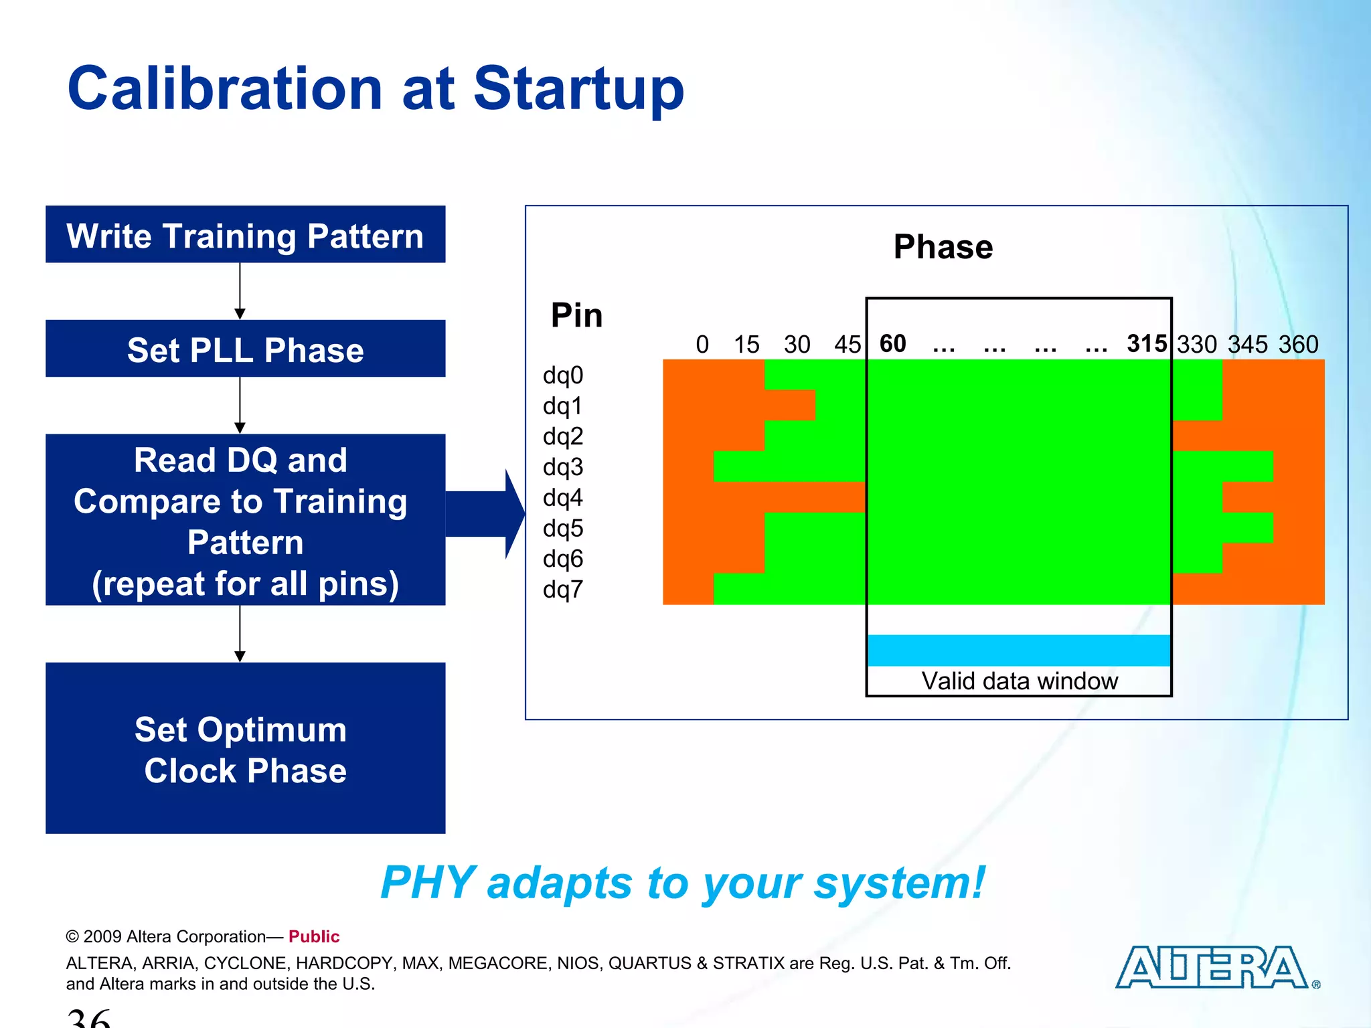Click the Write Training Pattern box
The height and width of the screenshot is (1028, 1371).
pos(245,235)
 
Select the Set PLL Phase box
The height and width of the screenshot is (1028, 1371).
pos(245,349)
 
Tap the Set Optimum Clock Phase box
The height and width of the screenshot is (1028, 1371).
pos(245,748)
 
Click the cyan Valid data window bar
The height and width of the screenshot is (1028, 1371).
pos(1018,650)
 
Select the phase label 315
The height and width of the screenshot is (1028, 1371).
pos(1146,343)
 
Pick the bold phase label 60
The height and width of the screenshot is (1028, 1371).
pos(892,343)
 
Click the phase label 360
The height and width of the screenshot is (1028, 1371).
pos(1298,344)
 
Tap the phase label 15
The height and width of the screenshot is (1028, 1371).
pos(746,344)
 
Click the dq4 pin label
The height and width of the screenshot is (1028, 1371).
pos(563,497)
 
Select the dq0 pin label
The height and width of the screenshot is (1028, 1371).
pos(563,375)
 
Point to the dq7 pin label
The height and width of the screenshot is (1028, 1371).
pos(563,589)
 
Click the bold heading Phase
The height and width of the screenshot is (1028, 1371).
pos(943,246)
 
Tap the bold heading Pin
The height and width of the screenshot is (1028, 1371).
pos(576,315)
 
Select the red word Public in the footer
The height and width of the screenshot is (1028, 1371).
pos(314,936)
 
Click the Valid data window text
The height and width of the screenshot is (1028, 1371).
pos(1019,681)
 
